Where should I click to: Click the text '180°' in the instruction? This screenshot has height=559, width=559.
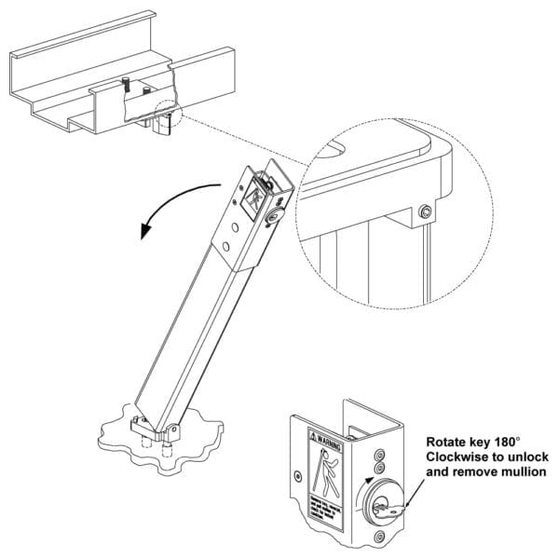click(504, 442)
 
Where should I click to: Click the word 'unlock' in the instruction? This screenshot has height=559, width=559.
click(526, 457)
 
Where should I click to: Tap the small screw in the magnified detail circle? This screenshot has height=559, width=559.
click(425, 213)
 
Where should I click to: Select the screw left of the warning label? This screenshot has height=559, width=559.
click(297, 475)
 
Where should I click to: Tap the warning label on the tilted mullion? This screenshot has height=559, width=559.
click(253, 195)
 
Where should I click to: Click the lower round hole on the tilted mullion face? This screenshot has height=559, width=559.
click(226, 247)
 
